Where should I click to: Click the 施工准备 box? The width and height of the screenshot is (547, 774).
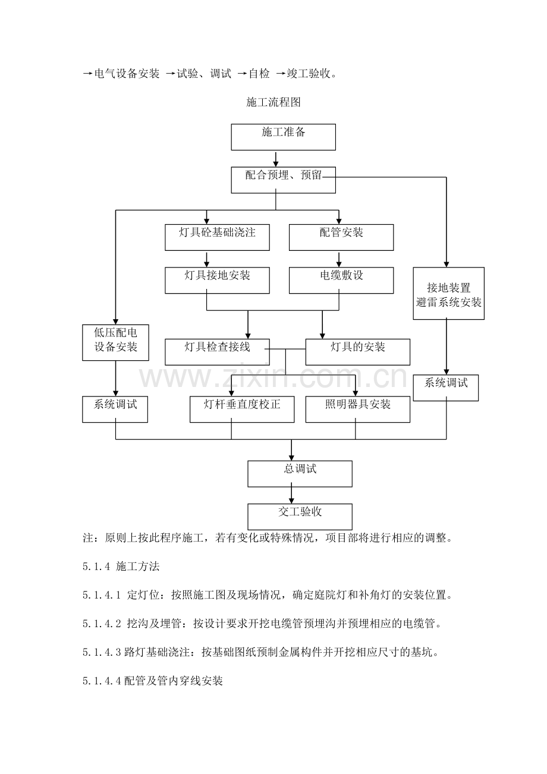[x=283, y=137]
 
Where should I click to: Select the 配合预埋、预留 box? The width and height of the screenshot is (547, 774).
[x=283, y=180]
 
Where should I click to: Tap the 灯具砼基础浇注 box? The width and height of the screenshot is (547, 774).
[x=217, y=237]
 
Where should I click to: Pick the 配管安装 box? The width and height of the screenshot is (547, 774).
[x=341, y=237]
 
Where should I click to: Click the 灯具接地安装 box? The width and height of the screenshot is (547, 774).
[x=217, y=280]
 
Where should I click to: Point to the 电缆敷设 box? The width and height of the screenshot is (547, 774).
[x=341, y=280]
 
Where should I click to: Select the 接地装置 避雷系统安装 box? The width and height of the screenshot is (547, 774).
[x=448, y=293]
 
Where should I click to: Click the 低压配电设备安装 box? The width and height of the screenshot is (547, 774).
[x=115, y=342]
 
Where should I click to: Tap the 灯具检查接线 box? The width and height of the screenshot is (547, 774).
[x=217, y=351]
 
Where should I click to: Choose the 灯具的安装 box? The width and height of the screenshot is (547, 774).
[x=357, y=351]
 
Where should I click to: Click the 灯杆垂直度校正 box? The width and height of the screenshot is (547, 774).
[x=242, y=409]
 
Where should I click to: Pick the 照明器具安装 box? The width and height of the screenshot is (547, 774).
[x=357, y=409]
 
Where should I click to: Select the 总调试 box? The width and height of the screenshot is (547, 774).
[x=300, y=474]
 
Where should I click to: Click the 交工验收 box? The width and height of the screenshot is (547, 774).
[x=300, y=517]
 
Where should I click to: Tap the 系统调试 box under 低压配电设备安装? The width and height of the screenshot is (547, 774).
[x=115, y=409]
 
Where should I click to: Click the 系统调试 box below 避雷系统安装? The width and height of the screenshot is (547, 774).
[x=445, y=388]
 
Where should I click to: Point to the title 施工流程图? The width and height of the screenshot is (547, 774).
[x=273, y=102]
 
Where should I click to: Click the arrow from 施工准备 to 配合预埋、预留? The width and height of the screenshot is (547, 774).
[x=275, y=159]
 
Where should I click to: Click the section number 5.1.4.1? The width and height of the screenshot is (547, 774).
[x=102, y=594]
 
